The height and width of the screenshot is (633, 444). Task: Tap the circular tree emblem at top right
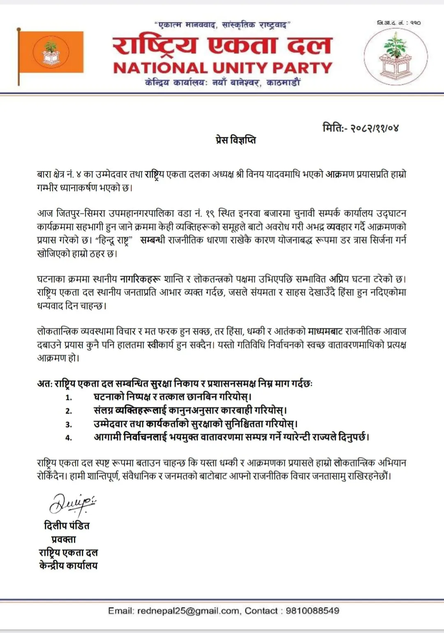(x=395, y=57)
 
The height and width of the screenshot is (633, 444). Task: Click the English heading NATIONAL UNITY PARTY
(x=222, y=68)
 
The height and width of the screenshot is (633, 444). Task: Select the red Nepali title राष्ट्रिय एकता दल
(x=222, y=45)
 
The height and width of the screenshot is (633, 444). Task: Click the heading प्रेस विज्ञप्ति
(x=236, y=140)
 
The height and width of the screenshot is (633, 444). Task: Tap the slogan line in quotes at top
(x=222, y=25)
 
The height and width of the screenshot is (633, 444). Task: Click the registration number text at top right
(x=398, y=23)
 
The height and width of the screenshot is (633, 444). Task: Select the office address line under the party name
(x=222, y=83)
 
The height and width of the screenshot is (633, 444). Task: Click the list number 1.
(x=69, y=397)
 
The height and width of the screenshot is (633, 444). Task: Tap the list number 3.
(x=69, y=424)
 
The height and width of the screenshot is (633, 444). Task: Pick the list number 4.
(x=69, y=438)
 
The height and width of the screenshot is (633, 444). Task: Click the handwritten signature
(x=72, y=504)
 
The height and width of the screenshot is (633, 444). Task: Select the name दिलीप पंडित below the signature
(x=67, y=526)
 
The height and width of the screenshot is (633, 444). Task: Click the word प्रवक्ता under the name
(x=64, y=539)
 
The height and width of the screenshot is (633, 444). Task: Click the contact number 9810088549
(x=312, y=611)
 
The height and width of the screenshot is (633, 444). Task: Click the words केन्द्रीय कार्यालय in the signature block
(x=68, y=566)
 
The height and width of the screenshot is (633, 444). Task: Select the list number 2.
(x=69, y=411)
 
